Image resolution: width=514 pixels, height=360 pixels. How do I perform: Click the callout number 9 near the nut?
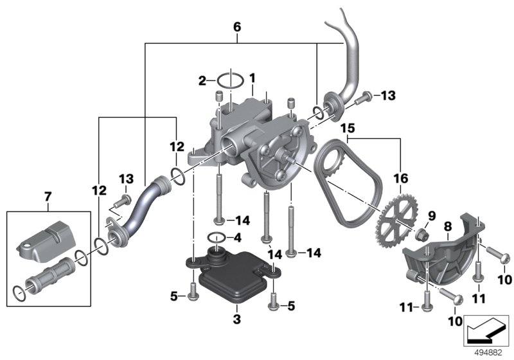[x=431, y=215]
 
